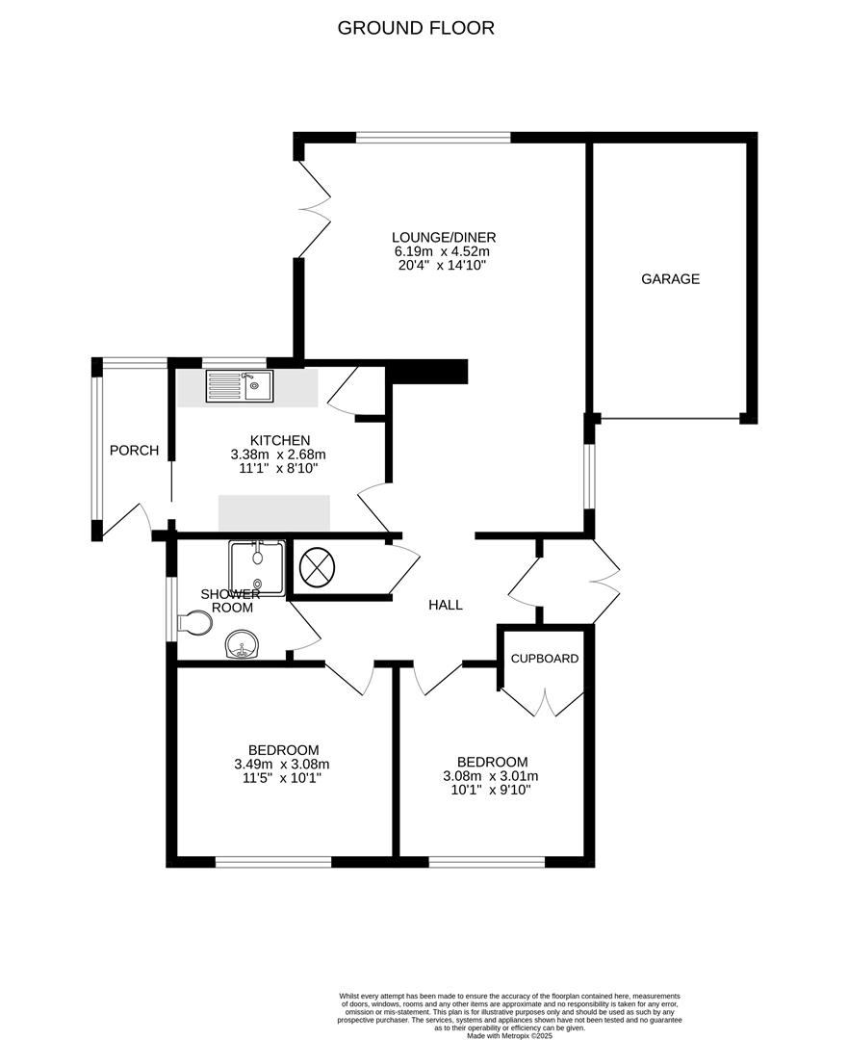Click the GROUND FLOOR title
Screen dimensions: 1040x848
[416, 28]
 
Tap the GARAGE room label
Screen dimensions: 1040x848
[670, 279]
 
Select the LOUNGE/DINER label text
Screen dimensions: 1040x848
[443, 237]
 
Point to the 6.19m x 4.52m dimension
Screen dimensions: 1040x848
[443, 251]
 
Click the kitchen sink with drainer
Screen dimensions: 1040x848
[240, 388]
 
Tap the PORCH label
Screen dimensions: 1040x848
[134, 450]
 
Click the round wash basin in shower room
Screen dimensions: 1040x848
[241, 645]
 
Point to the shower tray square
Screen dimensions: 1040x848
[256, 567]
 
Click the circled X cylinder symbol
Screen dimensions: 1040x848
[316, 567]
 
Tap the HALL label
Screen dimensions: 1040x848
[446, 605]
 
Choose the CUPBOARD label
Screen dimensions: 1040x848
[545, 659]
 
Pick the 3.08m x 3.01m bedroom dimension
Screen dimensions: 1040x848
[490, 775]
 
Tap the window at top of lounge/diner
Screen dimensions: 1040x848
[433, 138]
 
